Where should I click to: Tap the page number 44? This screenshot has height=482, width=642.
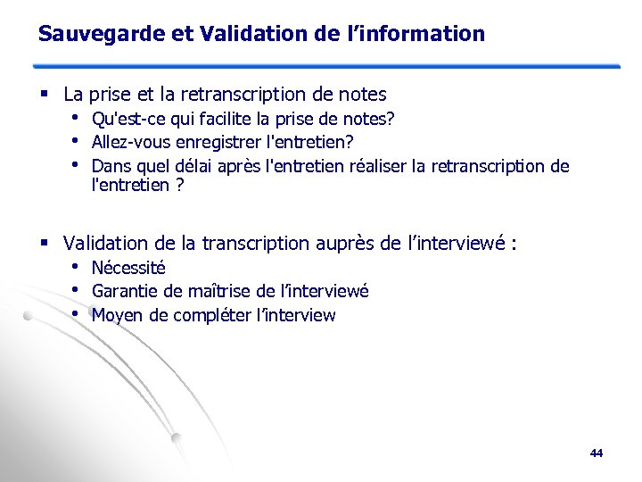[x=597, y=453]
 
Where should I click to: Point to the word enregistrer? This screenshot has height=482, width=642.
[x=194, y=142]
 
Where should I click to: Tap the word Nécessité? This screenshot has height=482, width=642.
[x=128, y=268]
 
